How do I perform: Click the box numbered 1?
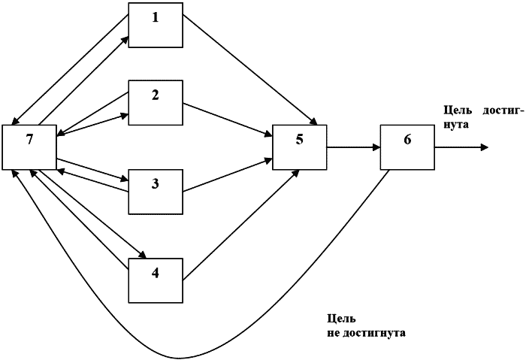pos(156,24)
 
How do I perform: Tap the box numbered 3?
pos(156,190)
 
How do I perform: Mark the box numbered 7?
pos(29,147)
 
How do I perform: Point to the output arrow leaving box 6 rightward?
pos(458,147)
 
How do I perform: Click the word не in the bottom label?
pos(334,331)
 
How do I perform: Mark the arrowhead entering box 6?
pos(376,147)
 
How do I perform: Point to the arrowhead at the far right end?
pos(485,147)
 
